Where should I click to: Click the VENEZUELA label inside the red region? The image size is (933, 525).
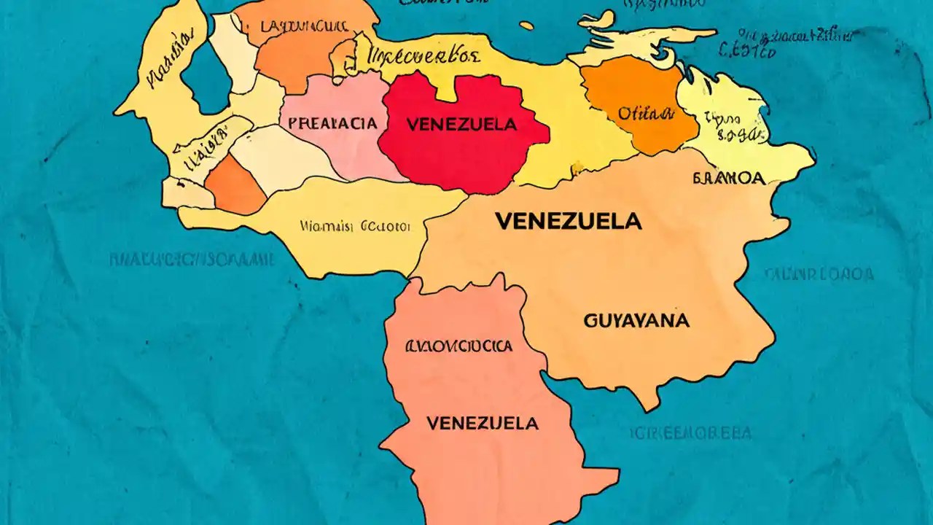pyautogui.click(x=461, y=125)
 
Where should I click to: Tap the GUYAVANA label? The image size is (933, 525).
pyautogui.click(x=636, y=320)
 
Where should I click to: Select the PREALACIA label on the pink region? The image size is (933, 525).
pyautogui.click(x=332, y=123)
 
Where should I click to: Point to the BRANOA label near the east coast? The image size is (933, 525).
pyautogui.click(x=728, y=179)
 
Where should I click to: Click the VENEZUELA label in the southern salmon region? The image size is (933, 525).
pyautogui.click(x=482, y=423)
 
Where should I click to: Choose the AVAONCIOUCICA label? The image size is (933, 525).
pyautogui.click(x=458, y=346)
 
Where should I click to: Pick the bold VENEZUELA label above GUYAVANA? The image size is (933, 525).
pyautogui.click(x=568, y=221)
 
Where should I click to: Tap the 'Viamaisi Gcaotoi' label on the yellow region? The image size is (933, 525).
pyautogui.click(x=355, y=227)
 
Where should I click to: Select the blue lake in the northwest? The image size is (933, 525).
pyautogui.click(x=206, y=77)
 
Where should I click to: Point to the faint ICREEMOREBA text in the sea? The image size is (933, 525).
pyautogui.click(x=689, y=433)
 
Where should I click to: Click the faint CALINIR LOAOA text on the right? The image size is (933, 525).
pyautogui.click(x=819, y=274)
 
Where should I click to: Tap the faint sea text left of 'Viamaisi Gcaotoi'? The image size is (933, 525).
pyautogui.click(x=192, y=259)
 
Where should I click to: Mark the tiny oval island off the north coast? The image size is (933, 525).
pyautogui.click(x=527, y=26)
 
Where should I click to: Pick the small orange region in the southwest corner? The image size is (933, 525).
pyautogui.click(x=235, y=185)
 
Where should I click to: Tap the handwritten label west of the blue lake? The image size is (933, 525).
pyautogui.click(x=171, y=68)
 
